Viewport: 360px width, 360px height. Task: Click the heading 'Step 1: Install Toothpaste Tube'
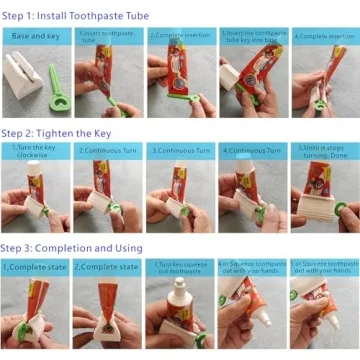click(x=75, y=16)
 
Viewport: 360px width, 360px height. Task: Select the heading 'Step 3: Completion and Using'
click(x=71, y=248)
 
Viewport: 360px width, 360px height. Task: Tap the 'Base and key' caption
click(x=34, y=36)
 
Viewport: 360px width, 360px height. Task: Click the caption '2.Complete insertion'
click(x=180, y=35)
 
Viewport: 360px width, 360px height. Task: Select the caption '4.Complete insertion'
click(x=324, y=36)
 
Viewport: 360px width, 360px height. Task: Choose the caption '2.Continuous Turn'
click(x=107, y=150)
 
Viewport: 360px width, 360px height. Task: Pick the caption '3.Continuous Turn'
click(x=180, y=150)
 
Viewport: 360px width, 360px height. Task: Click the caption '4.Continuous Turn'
click(x=252, y=150)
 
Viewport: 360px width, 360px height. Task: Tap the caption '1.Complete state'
click(x=34, y=267)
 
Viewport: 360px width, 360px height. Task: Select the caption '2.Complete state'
click(x=107, y=267)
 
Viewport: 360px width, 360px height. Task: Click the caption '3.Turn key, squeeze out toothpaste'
click(x=180, y=267)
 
